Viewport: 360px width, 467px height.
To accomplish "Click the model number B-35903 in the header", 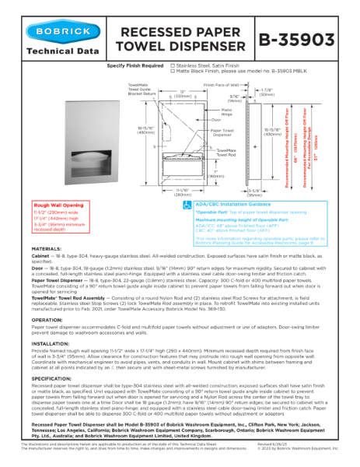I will tap(296, 38).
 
